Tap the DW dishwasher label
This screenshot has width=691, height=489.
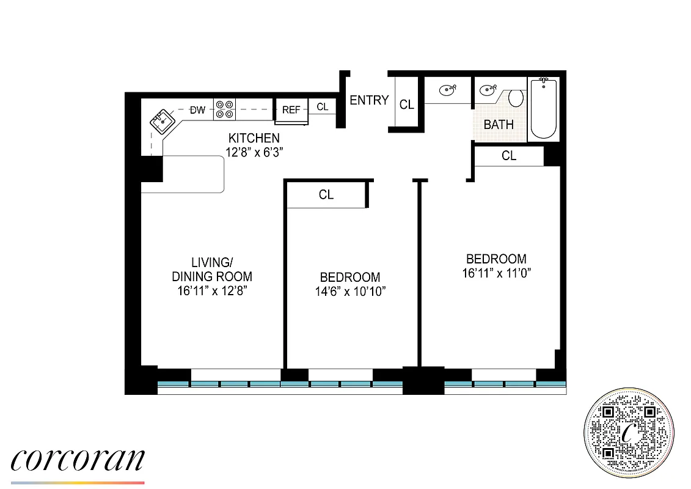pos(197,111)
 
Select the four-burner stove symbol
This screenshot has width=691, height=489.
pos(224,109)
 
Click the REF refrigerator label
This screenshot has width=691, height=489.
pos(291,111)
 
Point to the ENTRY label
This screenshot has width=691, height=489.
pos(369,100)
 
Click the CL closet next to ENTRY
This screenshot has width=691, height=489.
pos(406,105)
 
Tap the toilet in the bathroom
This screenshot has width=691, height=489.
pos(516,98)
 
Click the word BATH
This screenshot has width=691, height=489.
pos(499,125)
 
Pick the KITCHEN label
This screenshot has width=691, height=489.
pos(254,138)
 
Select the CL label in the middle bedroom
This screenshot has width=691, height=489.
pos(326,195)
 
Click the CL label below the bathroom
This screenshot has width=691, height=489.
pos(508,156)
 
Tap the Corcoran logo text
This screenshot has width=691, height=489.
pos(78,460)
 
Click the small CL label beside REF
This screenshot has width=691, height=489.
pos(322,107)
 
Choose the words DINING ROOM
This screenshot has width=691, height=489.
pos(212,276)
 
